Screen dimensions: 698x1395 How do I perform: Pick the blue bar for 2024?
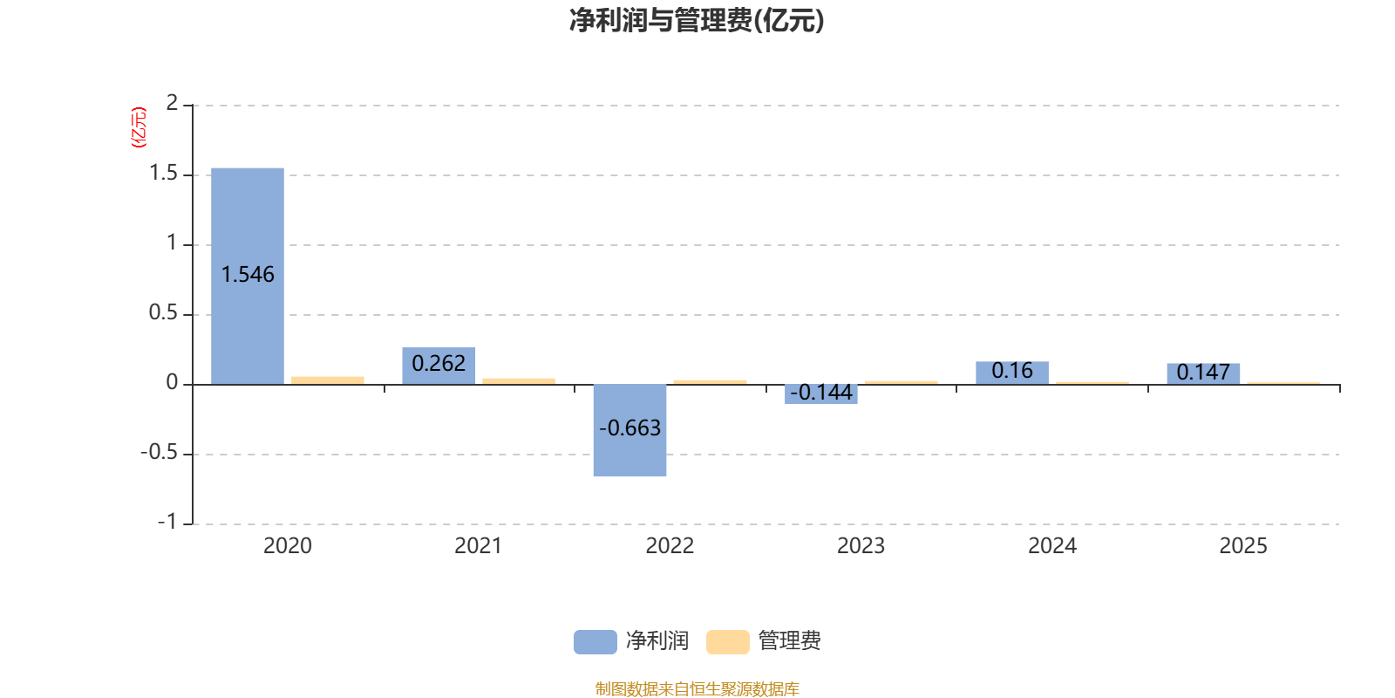tap(1012, 373)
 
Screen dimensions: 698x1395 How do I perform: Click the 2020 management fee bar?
tap(328, 380)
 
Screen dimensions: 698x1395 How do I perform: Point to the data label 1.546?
tap(248, 275)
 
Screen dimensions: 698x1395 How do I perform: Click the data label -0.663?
tap(629, 428)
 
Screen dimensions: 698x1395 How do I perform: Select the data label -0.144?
tap(820, 393)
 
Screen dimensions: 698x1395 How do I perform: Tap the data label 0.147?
tap(1203, 373)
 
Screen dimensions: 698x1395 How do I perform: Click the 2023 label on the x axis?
tap(861, 546)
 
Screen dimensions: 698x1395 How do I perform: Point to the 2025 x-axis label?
tap(1243, 546)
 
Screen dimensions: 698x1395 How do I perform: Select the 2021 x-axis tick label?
tap(478, 546)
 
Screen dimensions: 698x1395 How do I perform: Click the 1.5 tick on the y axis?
tap(163, 174)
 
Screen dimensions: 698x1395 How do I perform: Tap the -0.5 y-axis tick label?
tap(159, 453)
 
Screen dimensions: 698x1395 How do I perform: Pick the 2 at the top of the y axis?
tap(172, 103)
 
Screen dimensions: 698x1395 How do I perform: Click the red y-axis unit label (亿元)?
tap(139, 127)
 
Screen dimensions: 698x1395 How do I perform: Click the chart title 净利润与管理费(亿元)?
tap(697, 21)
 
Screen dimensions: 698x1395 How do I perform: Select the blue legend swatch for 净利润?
tap(595, 641)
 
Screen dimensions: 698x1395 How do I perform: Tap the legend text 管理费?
tap(789, 641)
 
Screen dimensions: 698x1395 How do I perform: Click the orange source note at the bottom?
tap(697, 689)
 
